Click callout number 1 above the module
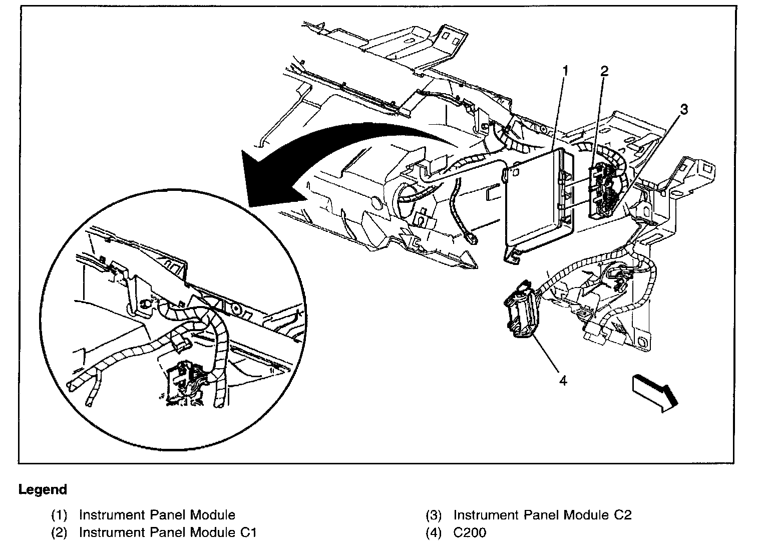click(x=565, y=72)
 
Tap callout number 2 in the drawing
click(x=604, y=72)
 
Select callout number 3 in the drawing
click(x=684, y=109)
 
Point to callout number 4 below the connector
click(x=563, y=381)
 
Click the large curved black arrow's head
click(x=260, y=180)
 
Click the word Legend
click(x=43, y=489)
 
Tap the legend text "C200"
click(x=469, y=532)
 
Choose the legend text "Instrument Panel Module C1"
click(x=168, y=532)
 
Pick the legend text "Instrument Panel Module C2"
click(x=542, y=514)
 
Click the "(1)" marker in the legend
click(x=59, y=515)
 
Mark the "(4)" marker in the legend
click(x=434, y=532)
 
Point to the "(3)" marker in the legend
click(x=434, y=515)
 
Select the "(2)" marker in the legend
click(x=59, y=532)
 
